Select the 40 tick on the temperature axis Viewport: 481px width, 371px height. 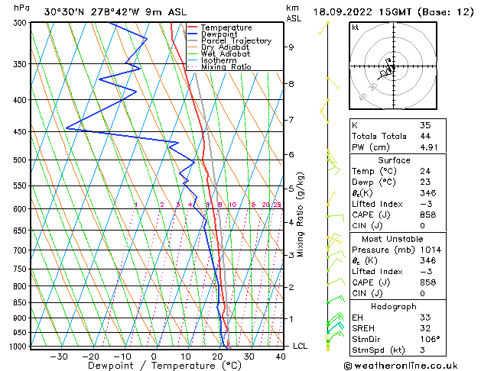(x=281, y=356)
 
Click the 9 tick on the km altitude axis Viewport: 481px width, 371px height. (x=291, y=47)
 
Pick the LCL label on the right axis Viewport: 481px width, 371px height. (x=301, y=346)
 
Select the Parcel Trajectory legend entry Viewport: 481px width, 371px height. (x=236, y=41)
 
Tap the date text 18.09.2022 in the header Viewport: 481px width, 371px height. (x=348, y=11)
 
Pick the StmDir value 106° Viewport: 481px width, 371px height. (x=429, y=339)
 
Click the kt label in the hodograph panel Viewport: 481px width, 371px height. (x=355, y=27)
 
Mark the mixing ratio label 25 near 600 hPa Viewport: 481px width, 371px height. (x=277, y=205)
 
